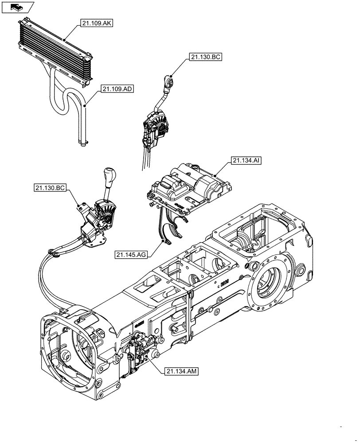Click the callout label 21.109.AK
coord(97,23)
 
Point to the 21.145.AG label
coord(131,254)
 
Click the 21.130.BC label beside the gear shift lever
coord(50,188)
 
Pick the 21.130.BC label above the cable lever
coord(206,57)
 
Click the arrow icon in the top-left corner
coord(16,7)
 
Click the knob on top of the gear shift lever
coord(109,173)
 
